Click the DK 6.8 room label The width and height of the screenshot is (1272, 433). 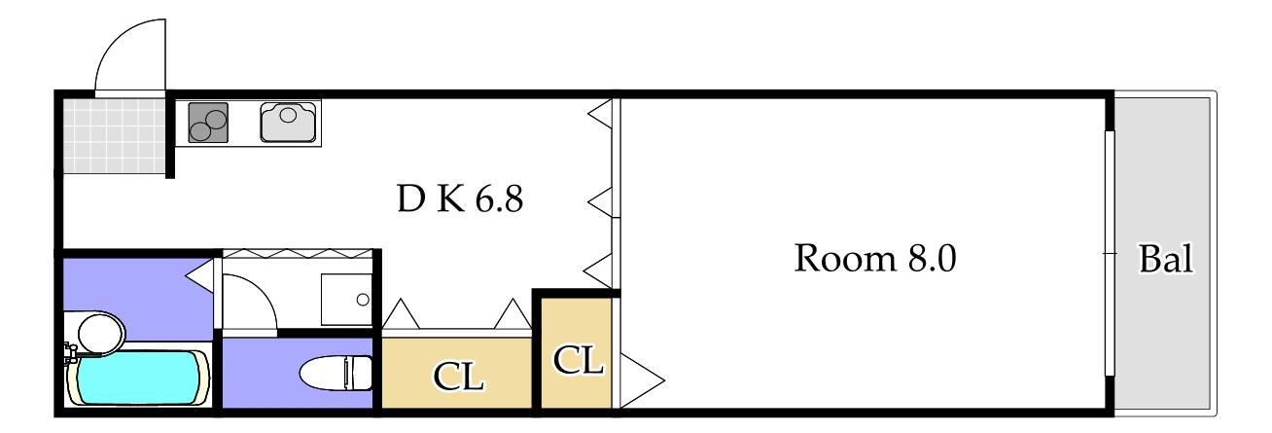coord(460,199)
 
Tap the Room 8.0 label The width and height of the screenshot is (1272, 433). coord(875,259)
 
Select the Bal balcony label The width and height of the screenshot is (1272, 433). coord(1165,260)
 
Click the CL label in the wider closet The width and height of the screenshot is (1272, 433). coord(458,377)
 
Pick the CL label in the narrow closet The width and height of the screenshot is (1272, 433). coord(578,360)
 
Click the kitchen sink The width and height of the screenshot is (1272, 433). coord(289,122)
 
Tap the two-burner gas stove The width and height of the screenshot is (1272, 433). coord(207,123)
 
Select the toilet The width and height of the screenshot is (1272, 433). coord(335,373)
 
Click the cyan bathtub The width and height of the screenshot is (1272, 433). coord(139,378)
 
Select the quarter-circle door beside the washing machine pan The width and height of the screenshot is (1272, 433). coord(249,302)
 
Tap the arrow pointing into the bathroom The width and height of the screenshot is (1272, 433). coord(201,277)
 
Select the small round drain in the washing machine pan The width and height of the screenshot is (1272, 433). coord(362,299)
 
